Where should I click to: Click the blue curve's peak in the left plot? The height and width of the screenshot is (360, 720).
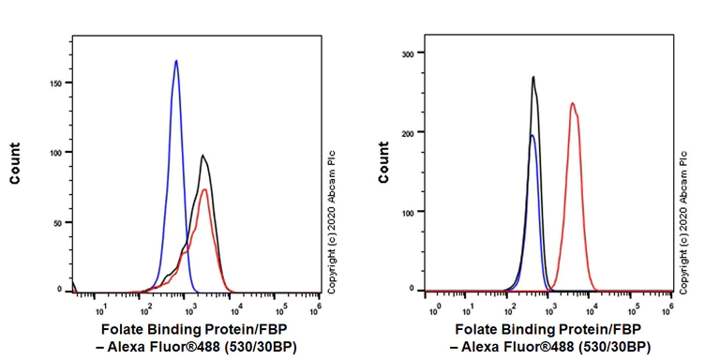(176, 61)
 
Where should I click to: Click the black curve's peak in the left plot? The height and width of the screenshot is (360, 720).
(202, 156)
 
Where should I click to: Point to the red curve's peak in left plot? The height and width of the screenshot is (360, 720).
(204, 190)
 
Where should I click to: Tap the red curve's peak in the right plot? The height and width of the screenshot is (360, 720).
(572, 103)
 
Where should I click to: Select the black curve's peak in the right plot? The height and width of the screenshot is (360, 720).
(533, 77)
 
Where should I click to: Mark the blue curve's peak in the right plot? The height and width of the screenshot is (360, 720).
(532, 135)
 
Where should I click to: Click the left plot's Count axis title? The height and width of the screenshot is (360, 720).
(15, 163)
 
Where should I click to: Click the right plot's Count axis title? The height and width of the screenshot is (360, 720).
(383, 163)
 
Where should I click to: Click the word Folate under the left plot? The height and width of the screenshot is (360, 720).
(122, 330)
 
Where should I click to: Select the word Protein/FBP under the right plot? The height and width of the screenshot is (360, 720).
(610, 330)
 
